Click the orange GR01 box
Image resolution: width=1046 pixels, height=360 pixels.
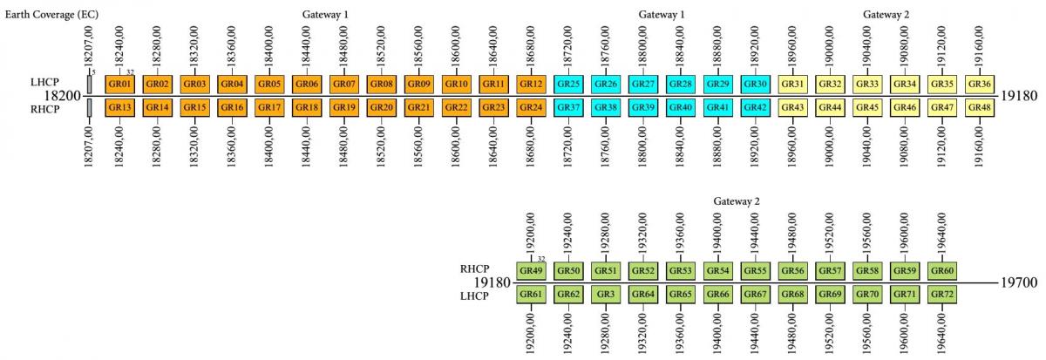click(120, 84)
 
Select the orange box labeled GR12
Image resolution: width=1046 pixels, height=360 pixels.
click(531, 84)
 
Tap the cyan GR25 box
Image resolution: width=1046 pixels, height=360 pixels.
click(568, 84)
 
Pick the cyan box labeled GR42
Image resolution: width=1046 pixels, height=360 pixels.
click(755, 106)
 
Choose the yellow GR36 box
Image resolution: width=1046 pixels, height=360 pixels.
click(980, 84)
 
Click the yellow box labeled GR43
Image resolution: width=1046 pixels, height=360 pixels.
click(792, 106)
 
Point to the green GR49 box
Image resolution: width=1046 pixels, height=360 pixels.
click(531, 271)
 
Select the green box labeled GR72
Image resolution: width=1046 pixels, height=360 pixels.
click(942, 295)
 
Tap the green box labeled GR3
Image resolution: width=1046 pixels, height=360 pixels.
click(606, 295)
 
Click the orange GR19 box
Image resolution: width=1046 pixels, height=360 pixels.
click(344, 106)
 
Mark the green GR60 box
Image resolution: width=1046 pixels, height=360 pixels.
click(942, 271)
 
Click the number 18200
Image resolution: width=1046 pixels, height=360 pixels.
click(61, 95)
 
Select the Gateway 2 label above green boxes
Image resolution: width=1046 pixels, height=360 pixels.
click(737, 200)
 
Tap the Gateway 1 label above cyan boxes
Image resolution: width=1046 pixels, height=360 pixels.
click(662, 15)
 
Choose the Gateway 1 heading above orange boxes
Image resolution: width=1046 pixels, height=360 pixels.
click(326, 15)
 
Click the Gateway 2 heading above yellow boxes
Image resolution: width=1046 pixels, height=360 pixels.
click(886, 15)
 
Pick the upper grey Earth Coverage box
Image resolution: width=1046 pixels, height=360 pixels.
click(89, 84)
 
